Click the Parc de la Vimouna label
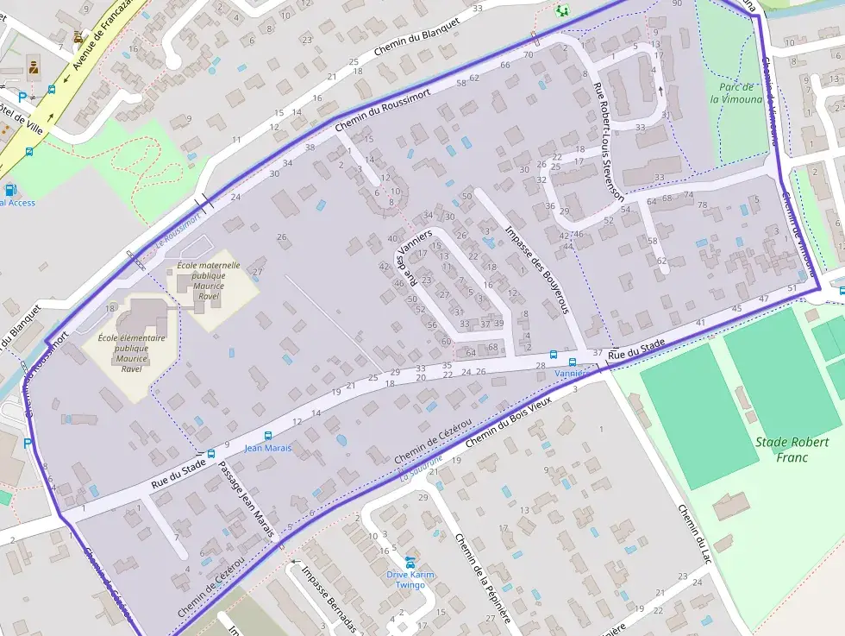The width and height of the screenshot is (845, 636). (736, 92)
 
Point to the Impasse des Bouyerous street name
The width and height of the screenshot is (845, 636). (536, 268)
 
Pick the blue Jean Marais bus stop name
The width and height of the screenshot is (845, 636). (267, 448)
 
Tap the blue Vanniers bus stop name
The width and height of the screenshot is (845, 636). (570, 374)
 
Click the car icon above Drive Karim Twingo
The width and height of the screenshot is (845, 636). (410, 562)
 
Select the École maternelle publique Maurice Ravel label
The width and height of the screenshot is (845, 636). (208, 280)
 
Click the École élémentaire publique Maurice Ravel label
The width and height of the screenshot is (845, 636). (131, 353)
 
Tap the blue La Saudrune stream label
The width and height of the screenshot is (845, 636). (422, 468)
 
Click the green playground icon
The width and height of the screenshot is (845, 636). (562, 10)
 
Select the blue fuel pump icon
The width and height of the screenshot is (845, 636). (10, 189)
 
